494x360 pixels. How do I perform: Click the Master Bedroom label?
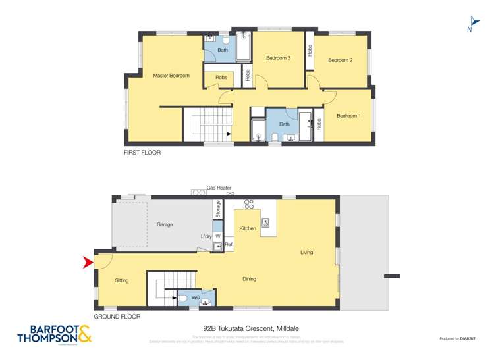click(x=171, y=76)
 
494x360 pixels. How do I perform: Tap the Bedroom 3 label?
click(x=278, y=58)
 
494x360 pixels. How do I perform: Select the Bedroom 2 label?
click(x=341, y=60)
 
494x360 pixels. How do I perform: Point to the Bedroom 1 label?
click(x=348, y=116)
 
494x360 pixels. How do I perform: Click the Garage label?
click(x=165, y=224)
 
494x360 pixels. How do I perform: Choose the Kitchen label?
click(x=248, y=228)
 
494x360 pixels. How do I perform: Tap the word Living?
click(x=306, y=252)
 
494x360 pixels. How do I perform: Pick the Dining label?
click(x=249, y=279)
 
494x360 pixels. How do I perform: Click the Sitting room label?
click(x=122, y=280)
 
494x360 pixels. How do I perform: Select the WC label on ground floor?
click(x=196, y=297)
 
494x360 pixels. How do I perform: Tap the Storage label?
click(x=217, y=209)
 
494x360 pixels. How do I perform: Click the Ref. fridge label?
click(x=229, y=245)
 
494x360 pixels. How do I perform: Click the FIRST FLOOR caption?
click(x=142, y=152)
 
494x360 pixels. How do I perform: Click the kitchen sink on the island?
click(x=266, y=222)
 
